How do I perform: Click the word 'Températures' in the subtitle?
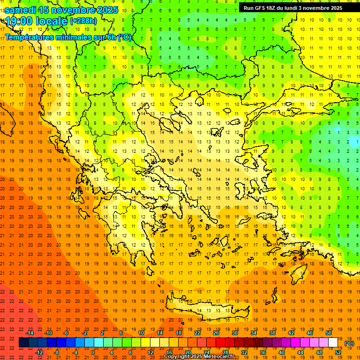(29, 37)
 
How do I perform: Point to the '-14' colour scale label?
(30, 333)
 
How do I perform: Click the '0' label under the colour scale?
(93, 352)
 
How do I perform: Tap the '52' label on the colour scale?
(337, 352)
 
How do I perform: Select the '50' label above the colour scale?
(328, 333)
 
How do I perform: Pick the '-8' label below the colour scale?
(57, 352)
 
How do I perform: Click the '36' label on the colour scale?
(262, 352)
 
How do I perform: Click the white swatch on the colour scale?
(333, 343)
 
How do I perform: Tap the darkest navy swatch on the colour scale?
(23, 343)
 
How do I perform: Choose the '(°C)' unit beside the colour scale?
(349, 343)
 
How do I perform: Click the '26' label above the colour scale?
(216, 333)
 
